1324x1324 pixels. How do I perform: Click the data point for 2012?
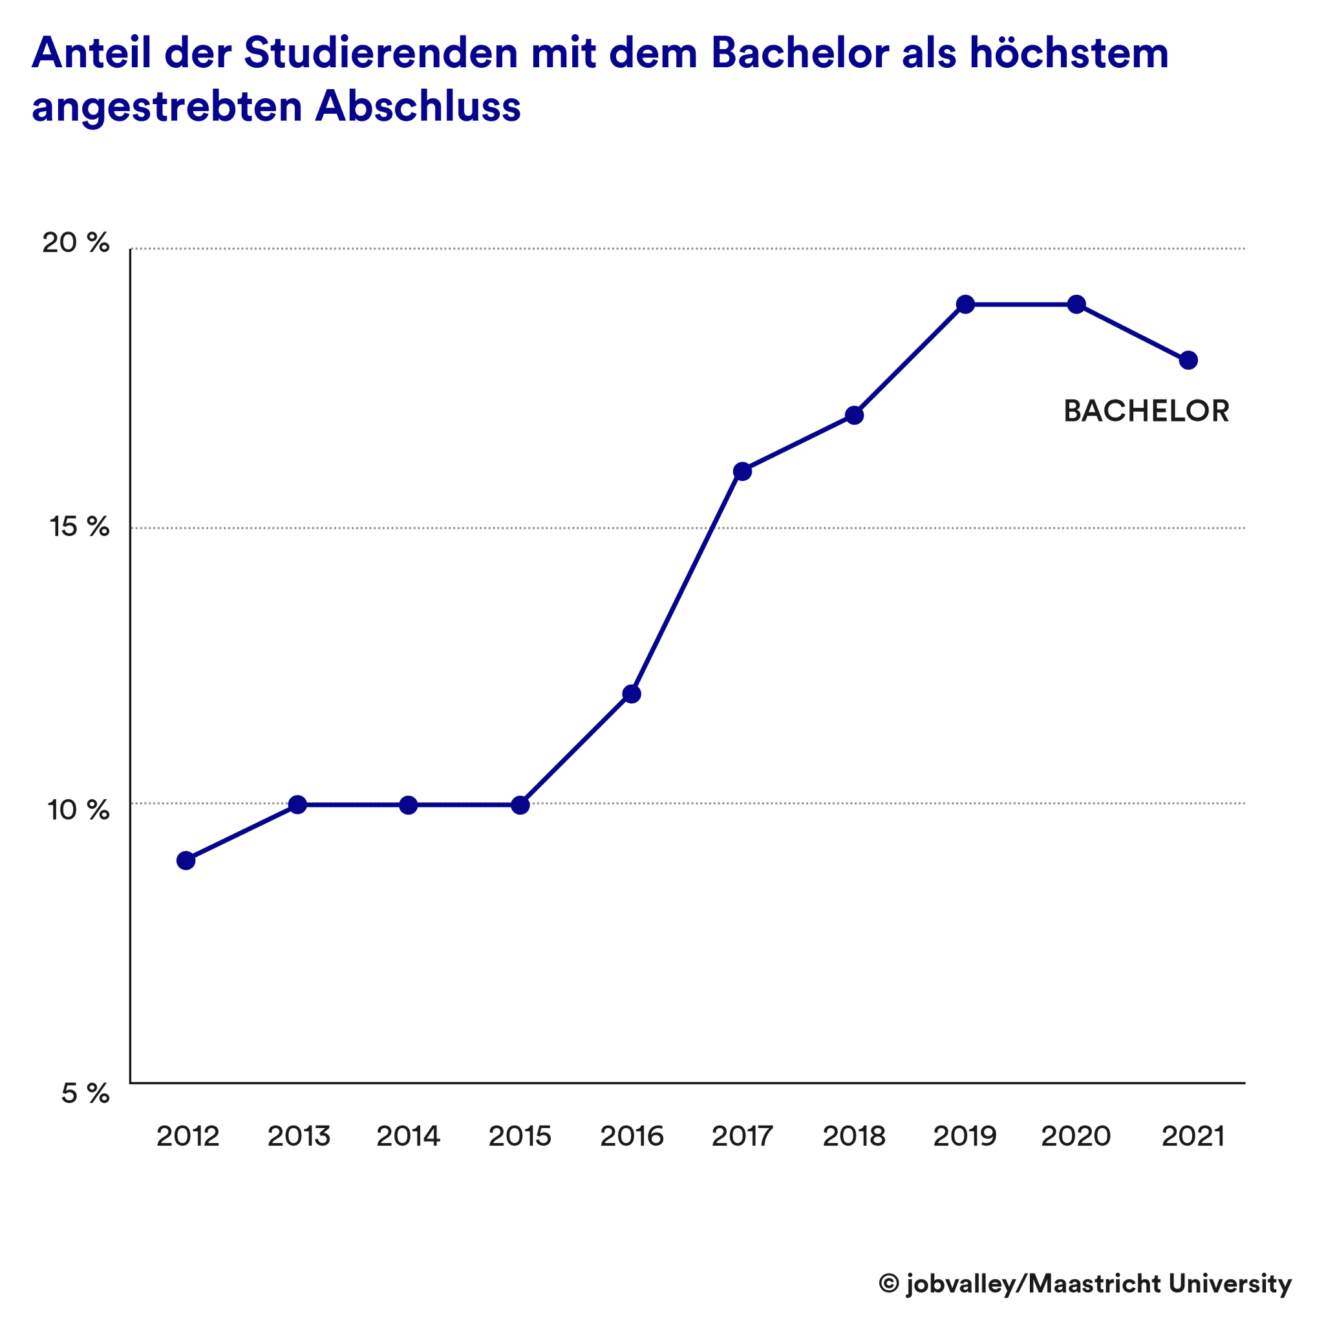click(186, 860)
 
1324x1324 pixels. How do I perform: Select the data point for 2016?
click(631, 694)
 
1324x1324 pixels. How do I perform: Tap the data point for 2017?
click(742, 471)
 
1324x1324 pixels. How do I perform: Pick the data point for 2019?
click(966, 304)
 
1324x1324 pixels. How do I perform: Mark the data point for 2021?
click(1188, 361)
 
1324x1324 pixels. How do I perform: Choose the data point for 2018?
click(854, 415)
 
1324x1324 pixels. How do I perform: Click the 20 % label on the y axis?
click(76, 242)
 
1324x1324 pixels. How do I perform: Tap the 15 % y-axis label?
click(80, 526)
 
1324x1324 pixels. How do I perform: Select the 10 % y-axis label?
click(78, 810)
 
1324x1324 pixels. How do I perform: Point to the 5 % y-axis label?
click(85, 1094)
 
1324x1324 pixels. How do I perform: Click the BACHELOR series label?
click(1146, 411)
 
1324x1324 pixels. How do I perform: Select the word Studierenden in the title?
click(381, 54)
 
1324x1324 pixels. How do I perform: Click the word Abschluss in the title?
click(418, 107)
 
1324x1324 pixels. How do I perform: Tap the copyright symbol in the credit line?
click(889, 1283)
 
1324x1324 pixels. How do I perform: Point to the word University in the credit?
click(1230, 1283)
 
